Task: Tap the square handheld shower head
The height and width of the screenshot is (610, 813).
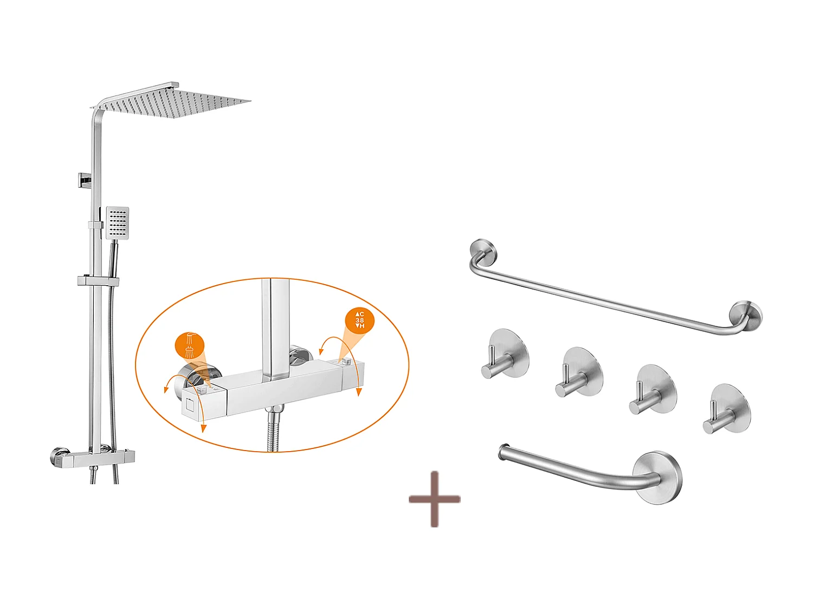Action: tap(118, 222)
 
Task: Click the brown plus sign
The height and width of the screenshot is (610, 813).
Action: tap(435, 499)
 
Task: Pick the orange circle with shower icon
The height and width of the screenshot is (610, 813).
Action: tap(189, 346)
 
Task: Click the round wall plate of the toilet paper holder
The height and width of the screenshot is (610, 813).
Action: tap(658, 478)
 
